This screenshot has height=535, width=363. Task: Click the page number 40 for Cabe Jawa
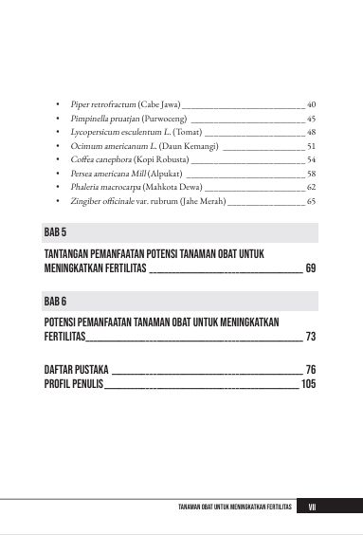311,102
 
